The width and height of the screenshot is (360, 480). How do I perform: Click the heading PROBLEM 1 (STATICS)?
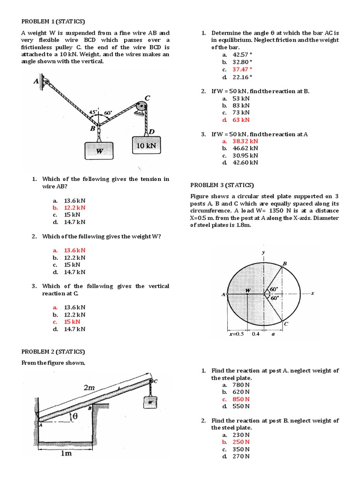pos(53,21)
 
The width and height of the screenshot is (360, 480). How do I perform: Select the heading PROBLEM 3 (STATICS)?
pos(222,185)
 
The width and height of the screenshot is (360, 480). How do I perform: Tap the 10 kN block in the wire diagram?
pos(146,146)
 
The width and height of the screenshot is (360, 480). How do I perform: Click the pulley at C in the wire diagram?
pos(140,108)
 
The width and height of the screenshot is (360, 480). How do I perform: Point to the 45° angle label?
pos(93,112)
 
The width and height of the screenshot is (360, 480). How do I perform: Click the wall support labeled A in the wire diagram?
pos(45,82)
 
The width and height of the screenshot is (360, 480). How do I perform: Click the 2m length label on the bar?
pos(89,388)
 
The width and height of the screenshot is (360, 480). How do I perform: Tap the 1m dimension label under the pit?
pos(65,454)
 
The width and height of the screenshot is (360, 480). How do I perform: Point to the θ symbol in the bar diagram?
pos(74,416)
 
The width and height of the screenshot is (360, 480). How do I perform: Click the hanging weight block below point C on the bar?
pos(150,402)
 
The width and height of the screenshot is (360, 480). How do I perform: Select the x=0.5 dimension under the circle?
pos(236,334)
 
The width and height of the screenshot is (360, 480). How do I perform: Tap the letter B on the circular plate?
pos(284,264)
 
